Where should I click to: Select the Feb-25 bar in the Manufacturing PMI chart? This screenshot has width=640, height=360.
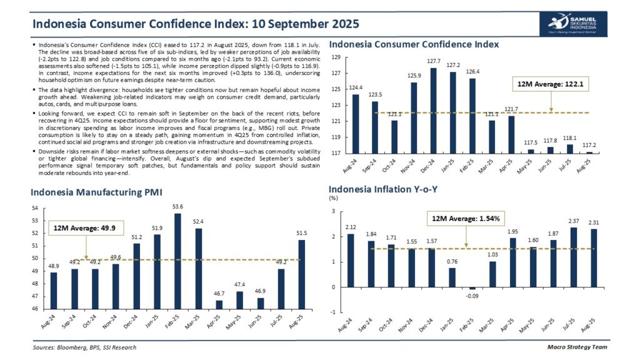click(177, 261)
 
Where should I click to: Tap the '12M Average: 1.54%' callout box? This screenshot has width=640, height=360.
click(466, 219)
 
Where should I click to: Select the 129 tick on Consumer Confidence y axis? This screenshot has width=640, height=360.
click(335, 57)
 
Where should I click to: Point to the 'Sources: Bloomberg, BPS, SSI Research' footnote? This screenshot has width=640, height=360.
click(84, 347)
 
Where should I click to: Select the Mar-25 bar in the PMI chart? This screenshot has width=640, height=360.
click(198, 268)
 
